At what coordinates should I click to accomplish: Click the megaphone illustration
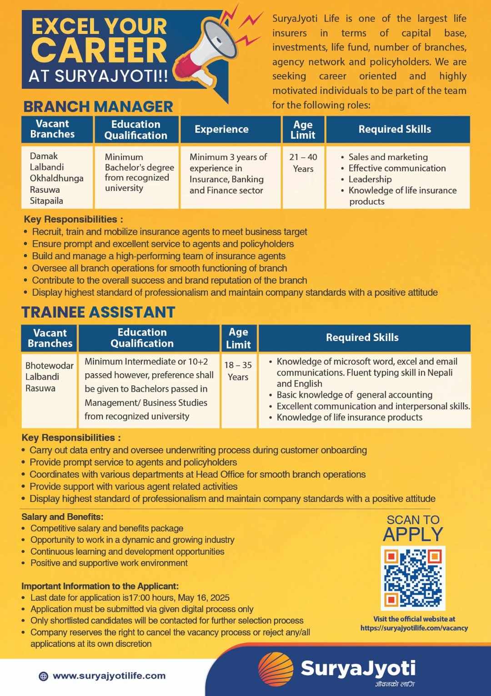[x=214, y=50]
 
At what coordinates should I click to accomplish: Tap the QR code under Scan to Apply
[x=413, y=578]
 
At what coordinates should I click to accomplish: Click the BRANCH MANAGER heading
[x=98, y=106]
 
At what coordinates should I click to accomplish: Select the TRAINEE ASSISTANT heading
[x=98, y=312]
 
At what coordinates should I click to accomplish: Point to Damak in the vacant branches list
[x=44, y=156]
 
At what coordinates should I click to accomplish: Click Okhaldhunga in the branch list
[x=56, y=178]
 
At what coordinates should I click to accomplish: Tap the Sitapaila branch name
[x=46, y=200]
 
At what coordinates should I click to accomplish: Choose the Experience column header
[x=221, y=130]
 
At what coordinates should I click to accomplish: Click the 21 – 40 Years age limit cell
[x=303, y=163]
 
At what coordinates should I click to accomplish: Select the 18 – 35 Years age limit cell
[x=238, y=371]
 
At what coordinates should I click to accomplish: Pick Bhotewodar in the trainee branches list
[x=49, y=366]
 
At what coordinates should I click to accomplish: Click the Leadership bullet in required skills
[x=370, y=179]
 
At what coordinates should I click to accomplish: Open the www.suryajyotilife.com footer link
[x=109, y=676]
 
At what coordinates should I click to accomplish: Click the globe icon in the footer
[x=43, y=676]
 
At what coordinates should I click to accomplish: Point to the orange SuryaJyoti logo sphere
[x=276, y=669]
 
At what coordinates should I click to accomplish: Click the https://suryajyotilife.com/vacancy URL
[x=414, y=628]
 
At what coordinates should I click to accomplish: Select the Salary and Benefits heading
[x=62, y=517]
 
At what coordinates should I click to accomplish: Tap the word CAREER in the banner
[x=99, y=50]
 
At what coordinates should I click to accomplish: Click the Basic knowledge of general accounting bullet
[x=354, y=395]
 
